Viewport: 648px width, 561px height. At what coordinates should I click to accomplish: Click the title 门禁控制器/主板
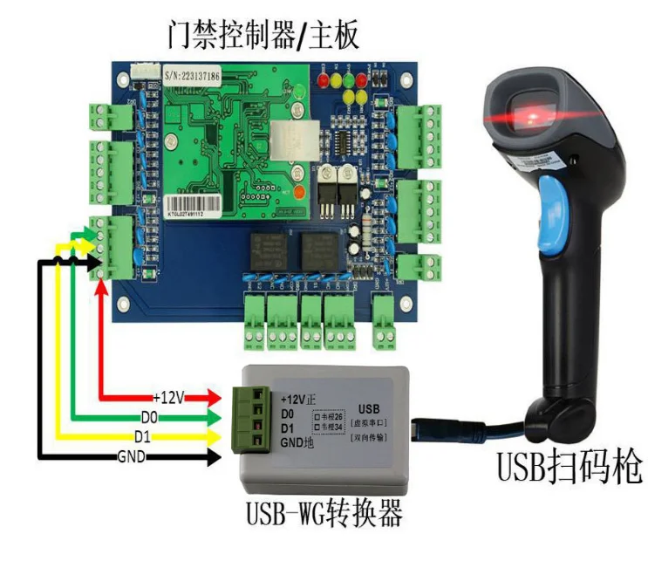coord(263,34)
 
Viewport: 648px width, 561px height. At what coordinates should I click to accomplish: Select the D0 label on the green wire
coord(148,416)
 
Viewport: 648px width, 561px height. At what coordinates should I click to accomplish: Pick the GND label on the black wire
coord(132,455)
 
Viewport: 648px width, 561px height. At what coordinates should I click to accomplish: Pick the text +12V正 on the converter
coord(300,399)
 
